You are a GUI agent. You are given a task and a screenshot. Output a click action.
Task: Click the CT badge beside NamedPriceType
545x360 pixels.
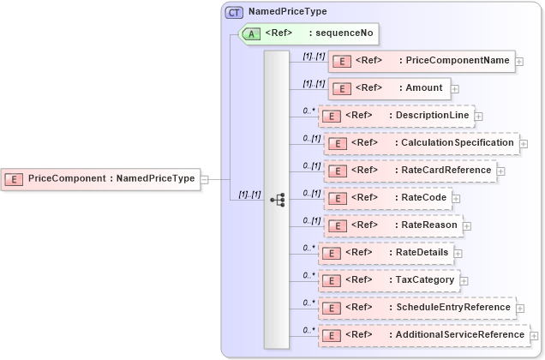pos(234,13)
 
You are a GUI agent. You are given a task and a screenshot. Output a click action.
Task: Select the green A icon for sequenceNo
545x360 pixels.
pos(253,34)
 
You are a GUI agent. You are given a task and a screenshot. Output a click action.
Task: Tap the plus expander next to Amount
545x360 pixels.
pos(455,88)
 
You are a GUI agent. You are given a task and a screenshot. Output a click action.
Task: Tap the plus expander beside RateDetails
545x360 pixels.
pos(458,254)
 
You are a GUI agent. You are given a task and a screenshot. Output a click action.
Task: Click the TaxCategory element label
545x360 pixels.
pos(425,280)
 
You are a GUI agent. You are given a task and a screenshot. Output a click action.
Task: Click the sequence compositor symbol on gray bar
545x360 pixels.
pos(277,198)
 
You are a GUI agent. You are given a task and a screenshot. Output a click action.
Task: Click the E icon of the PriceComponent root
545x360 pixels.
pos(14,179)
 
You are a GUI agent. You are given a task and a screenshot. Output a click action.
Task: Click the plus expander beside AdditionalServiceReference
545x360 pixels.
pos(534,336)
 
